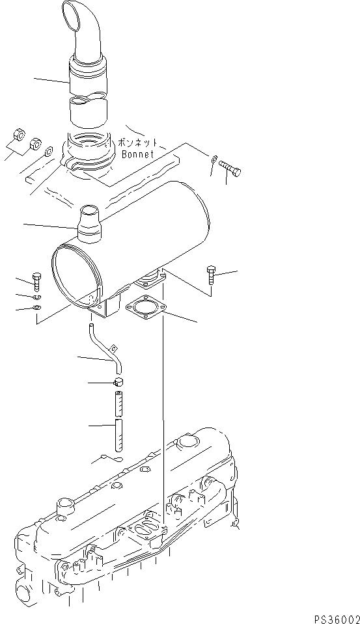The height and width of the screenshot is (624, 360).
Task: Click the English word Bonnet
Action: [x=138, y=154]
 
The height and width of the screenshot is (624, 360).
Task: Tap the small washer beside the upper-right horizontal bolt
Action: [x=214, y=157]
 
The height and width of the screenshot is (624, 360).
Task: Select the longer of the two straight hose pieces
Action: [x=119, y=435]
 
